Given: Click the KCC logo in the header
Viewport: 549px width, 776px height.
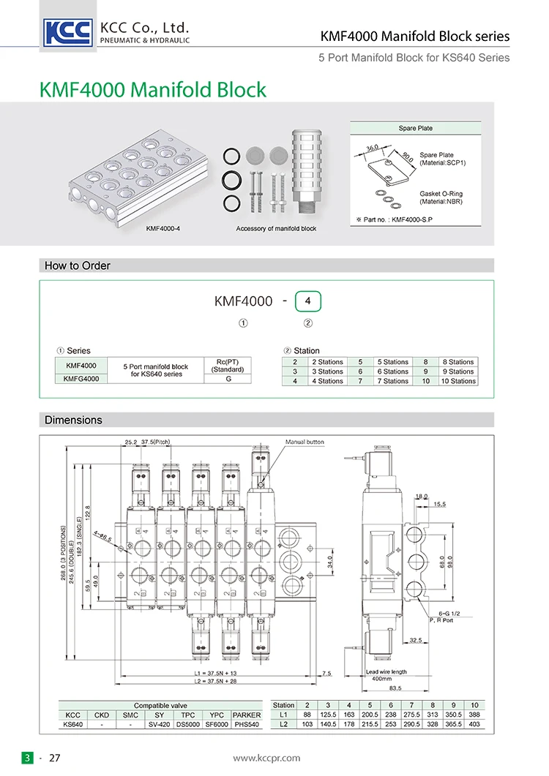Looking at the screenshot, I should click(69, 32).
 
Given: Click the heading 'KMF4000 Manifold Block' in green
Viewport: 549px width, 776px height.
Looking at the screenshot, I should click(152, 90).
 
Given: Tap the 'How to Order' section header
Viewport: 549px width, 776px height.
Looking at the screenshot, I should click(78, 265).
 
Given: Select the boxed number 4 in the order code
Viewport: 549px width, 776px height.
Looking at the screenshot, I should click(307, 301).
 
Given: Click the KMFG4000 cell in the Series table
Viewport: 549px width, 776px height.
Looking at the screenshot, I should click(81, 378).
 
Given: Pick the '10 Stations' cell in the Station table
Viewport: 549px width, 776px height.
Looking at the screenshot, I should click(457, 381).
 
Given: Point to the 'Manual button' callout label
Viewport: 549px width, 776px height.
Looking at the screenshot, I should click(304, 442).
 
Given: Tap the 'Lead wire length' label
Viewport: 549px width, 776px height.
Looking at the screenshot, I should click(386, 671).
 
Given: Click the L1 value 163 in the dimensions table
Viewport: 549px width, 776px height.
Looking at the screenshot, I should click(349, 715).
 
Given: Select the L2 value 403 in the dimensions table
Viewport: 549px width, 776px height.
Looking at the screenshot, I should click(474, 724).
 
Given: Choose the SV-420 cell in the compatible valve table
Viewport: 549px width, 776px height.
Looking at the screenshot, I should click(159, 724).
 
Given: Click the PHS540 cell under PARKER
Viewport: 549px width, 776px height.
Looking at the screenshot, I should click(246, 724).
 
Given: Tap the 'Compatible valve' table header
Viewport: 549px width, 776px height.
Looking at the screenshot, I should click(162, 705).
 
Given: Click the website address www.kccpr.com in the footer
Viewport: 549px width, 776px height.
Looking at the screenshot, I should click(267, 758).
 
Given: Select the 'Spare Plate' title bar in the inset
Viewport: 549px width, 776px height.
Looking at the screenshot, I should click(415, 128).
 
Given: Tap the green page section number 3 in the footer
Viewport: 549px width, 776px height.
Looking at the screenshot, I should click(27, 758).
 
